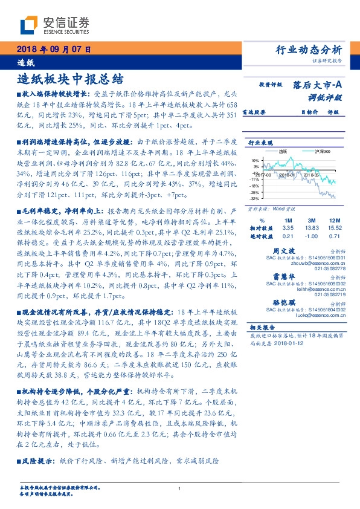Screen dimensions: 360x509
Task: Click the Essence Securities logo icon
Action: pos(28,25)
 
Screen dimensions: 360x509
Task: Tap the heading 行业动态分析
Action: pos(309,50)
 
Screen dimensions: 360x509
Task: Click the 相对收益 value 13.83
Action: pos(312,227)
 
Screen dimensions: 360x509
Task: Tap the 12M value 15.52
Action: pos(335,227)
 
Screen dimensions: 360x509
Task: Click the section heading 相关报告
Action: pos(262,326)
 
